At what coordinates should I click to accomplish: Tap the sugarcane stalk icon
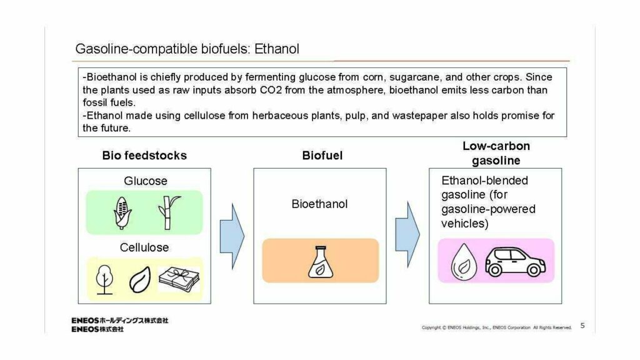(167, 212)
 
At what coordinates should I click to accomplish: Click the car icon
(514, 261)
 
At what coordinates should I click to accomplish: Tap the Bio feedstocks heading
(144, 156)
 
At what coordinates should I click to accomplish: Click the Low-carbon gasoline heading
(496, 153)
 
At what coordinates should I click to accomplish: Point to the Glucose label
(146, 181)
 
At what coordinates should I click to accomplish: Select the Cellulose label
(144, 247)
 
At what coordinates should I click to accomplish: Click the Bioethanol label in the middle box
(319, 204)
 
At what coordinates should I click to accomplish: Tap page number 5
(582, 325)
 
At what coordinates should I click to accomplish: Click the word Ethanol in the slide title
(277, 49)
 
